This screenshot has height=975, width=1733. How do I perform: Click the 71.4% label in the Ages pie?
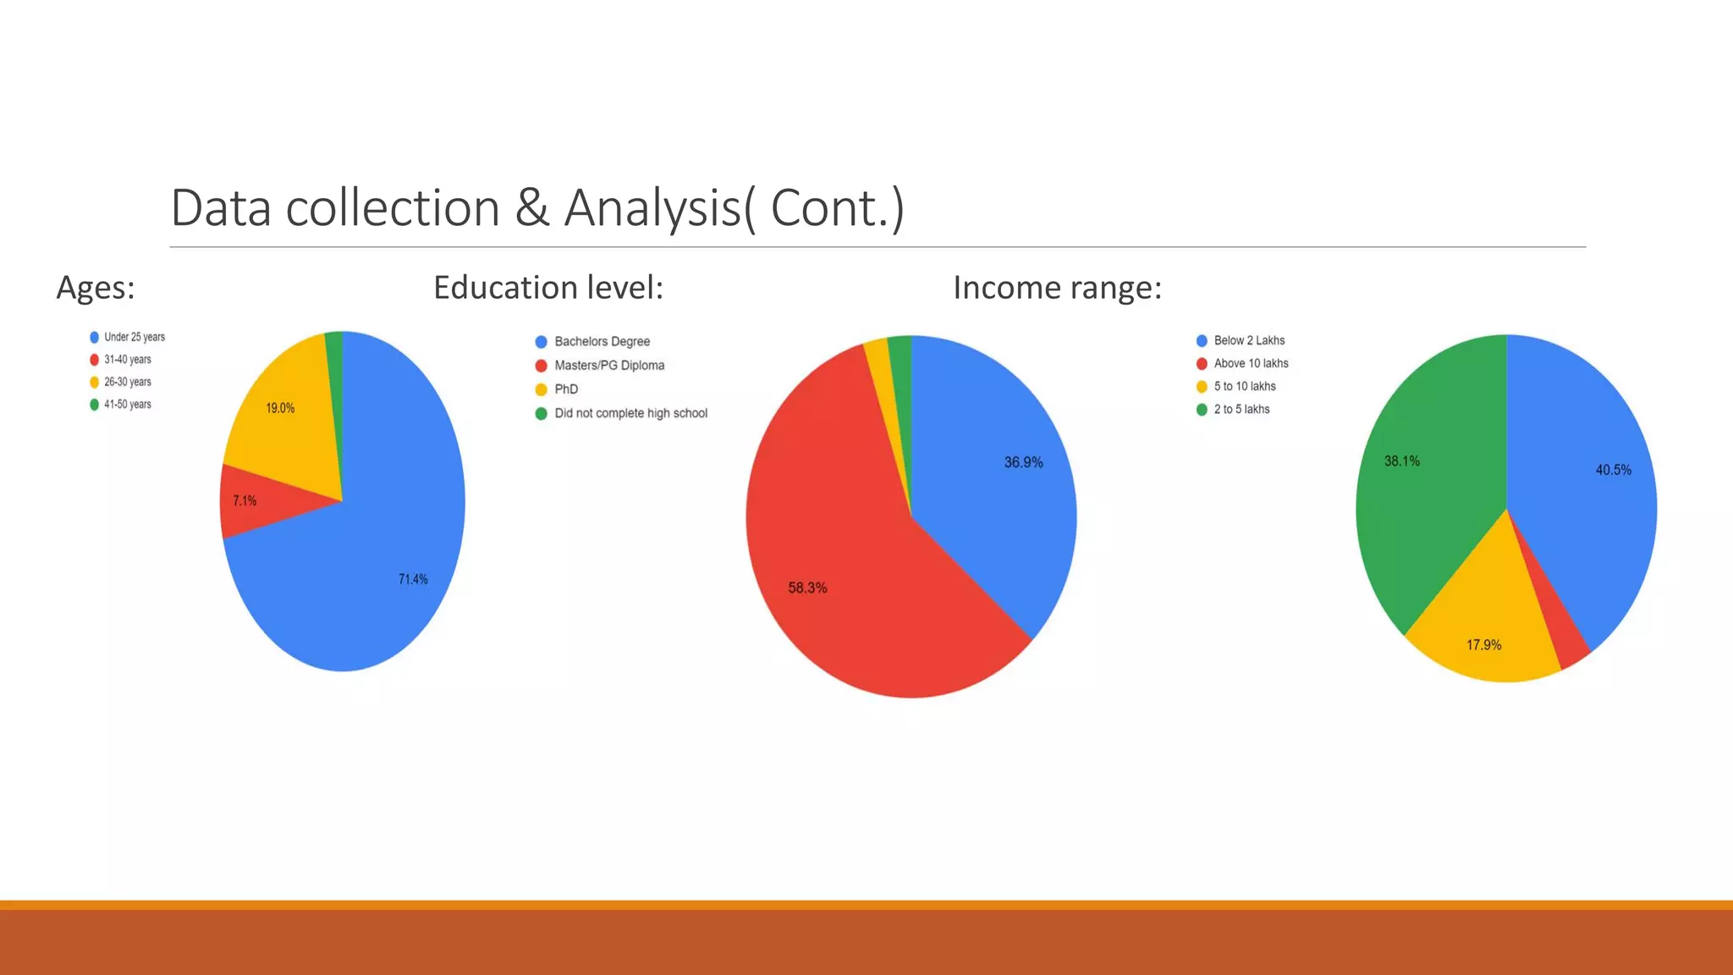413,580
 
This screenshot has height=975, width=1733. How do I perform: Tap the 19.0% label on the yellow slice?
280,409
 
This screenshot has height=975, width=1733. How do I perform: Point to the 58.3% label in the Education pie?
807,588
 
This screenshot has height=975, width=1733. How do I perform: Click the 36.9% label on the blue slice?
1023,463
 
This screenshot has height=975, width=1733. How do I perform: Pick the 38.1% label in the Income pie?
1401,461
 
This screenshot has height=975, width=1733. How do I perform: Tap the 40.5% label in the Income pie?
1613,471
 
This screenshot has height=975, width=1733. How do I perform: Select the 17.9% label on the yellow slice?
1483,646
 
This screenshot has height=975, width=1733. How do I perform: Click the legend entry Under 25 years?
134,337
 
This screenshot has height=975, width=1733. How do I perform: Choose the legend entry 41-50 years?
127,405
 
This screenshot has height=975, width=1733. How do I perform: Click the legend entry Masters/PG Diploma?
608,366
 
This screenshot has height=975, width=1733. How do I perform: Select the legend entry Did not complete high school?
630,414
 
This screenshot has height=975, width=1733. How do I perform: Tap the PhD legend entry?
566,389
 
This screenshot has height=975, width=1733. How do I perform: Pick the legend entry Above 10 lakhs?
1251,364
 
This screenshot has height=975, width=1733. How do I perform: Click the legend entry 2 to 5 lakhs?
1241,410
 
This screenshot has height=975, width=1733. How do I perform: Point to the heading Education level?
548,288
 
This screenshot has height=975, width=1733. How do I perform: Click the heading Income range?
1057,288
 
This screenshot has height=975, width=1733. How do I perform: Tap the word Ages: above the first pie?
96,288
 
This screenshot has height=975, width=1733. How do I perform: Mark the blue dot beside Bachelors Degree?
542,342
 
